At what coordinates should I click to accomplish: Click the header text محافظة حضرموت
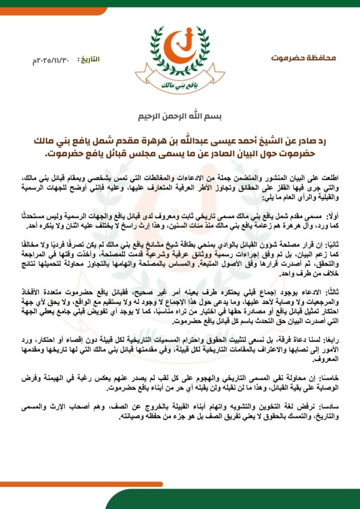pyautogui.click(x=303, y=58)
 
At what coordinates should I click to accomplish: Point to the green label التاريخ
pyautogui.click(x=89, y=59)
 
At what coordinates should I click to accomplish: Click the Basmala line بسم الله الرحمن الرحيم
pyautogui.click(x=180, y=118)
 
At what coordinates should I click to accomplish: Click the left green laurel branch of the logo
pyautogui.click(x=155, y=50)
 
